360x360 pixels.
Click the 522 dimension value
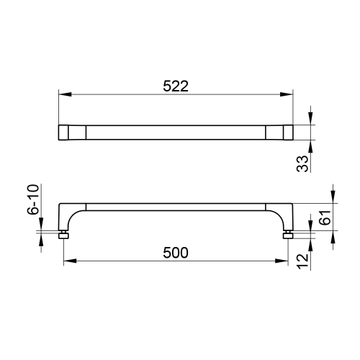coord(175,86)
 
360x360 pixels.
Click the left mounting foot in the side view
coord(63,235)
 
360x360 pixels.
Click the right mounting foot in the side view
coord(288,235)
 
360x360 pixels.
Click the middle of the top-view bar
coord(176,132)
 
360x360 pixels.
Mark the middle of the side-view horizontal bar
coord(176,207)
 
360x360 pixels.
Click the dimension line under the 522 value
coord(176,94)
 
